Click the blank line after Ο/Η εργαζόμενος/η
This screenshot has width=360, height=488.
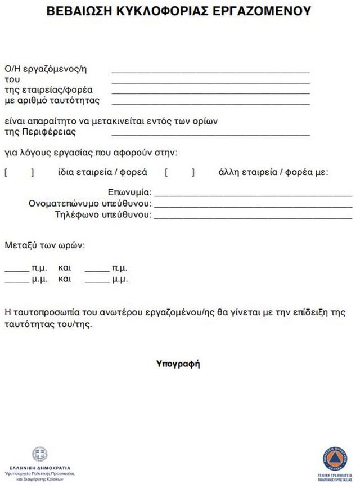coord(210,71)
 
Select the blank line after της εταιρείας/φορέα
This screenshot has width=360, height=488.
coord(210,92)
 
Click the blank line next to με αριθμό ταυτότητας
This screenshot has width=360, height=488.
coord(210,102)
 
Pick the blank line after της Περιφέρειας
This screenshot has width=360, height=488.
coord(210,134)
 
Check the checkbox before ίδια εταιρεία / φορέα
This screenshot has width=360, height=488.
coord(19,173)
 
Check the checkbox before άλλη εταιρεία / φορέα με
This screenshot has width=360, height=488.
coord(179,173)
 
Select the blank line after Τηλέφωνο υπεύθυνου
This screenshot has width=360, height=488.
coord(253,216)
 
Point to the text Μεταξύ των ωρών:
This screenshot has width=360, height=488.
coord(45,245)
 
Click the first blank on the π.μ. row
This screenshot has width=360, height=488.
coord(16,269)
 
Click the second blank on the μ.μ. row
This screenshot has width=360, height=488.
coord(97,280)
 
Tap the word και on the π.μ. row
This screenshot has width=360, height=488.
coord(64,268)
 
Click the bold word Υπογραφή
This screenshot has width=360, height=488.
coord(178,364)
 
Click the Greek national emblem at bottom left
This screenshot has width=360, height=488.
coord(40,454)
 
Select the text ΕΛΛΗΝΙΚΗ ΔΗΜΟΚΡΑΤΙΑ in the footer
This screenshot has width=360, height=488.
coord(40,468)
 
